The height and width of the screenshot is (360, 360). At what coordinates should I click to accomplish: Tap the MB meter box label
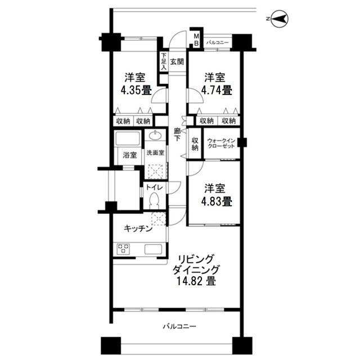(196, 39)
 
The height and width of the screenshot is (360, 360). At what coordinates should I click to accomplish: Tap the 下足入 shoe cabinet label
(163, 61)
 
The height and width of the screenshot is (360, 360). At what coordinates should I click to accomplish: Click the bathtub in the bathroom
(128, 139)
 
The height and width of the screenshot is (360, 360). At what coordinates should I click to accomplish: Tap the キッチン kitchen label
(138, 228)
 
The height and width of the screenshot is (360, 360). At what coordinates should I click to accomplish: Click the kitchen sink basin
(154, 249)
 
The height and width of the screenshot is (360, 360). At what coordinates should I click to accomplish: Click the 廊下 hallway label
(177, 136)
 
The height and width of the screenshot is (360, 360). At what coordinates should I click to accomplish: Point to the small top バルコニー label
(217, 42)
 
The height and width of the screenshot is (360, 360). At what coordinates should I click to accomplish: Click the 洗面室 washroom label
(155, 153)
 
